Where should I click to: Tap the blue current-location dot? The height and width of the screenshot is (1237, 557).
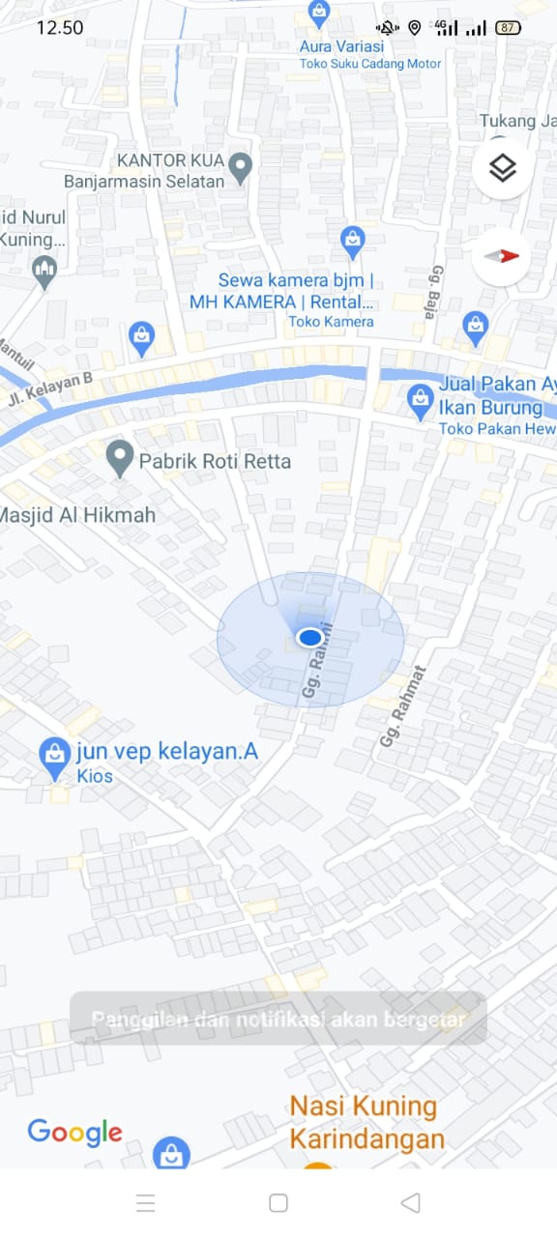[x=309, y=638]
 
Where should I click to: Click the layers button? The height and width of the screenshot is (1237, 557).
[x=502, y=169]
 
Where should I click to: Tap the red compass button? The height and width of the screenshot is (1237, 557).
[x=502, y=256]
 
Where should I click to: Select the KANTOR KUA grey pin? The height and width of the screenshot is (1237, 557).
[x=240, y=167]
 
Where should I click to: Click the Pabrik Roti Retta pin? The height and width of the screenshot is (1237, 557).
[x=120, y=458]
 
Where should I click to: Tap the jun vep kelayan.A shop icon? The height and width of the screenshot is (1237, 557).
[x=54, y=759]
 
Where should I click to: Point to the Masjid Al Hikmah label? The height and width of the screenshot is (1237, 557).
[x=77, y=515]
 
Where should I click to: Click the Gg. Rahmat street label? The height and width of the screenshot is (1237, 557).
[x=403, y=706]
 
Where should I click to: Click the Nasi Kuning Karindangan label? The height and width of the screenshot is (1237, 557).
[x=366, y=1122]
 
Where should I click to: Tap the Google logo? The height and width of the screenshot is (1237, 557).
[x=75, y=1132]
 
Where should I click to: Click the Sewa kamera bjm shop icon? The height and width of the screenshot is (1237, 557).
[x=353, y=242]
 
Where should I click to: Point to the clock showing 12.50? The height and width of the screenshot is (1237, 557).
[x=60, y=27]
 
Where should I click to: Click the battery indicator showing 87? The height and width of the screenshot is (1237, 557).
[x=508, y=28]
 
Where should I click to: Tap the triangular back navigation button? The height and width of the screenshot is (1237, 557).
[x=410, y=1202]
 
